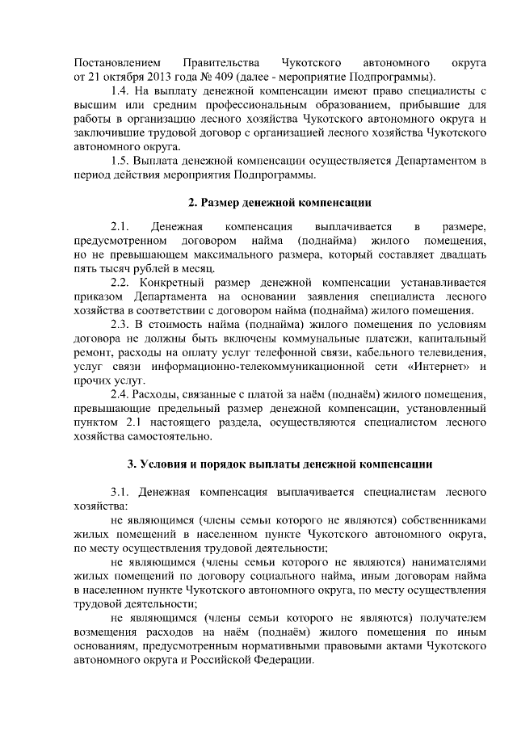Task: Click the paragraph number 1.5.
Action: (120, 161)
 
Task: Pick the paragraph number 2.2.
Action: (120, 283)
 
